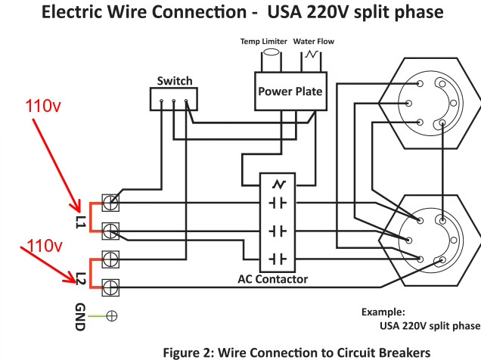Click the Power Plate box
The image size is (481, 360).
(x=290, y=92)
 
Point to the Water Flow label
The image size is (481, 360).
(x=315, y=42)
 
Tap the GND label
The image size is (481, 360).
(x=81, y=316)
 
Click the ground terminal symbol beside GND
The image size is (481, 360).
(x=110, y=316)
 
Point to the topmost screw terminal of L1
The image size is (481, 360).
(x=110, y=202)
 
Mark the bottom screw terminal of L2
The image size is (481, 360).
(x=110, y=286)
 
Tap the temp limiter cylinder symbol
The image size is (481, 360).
(x=269, y=58)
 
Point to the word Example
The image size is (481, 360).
(x=383, y=312)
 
